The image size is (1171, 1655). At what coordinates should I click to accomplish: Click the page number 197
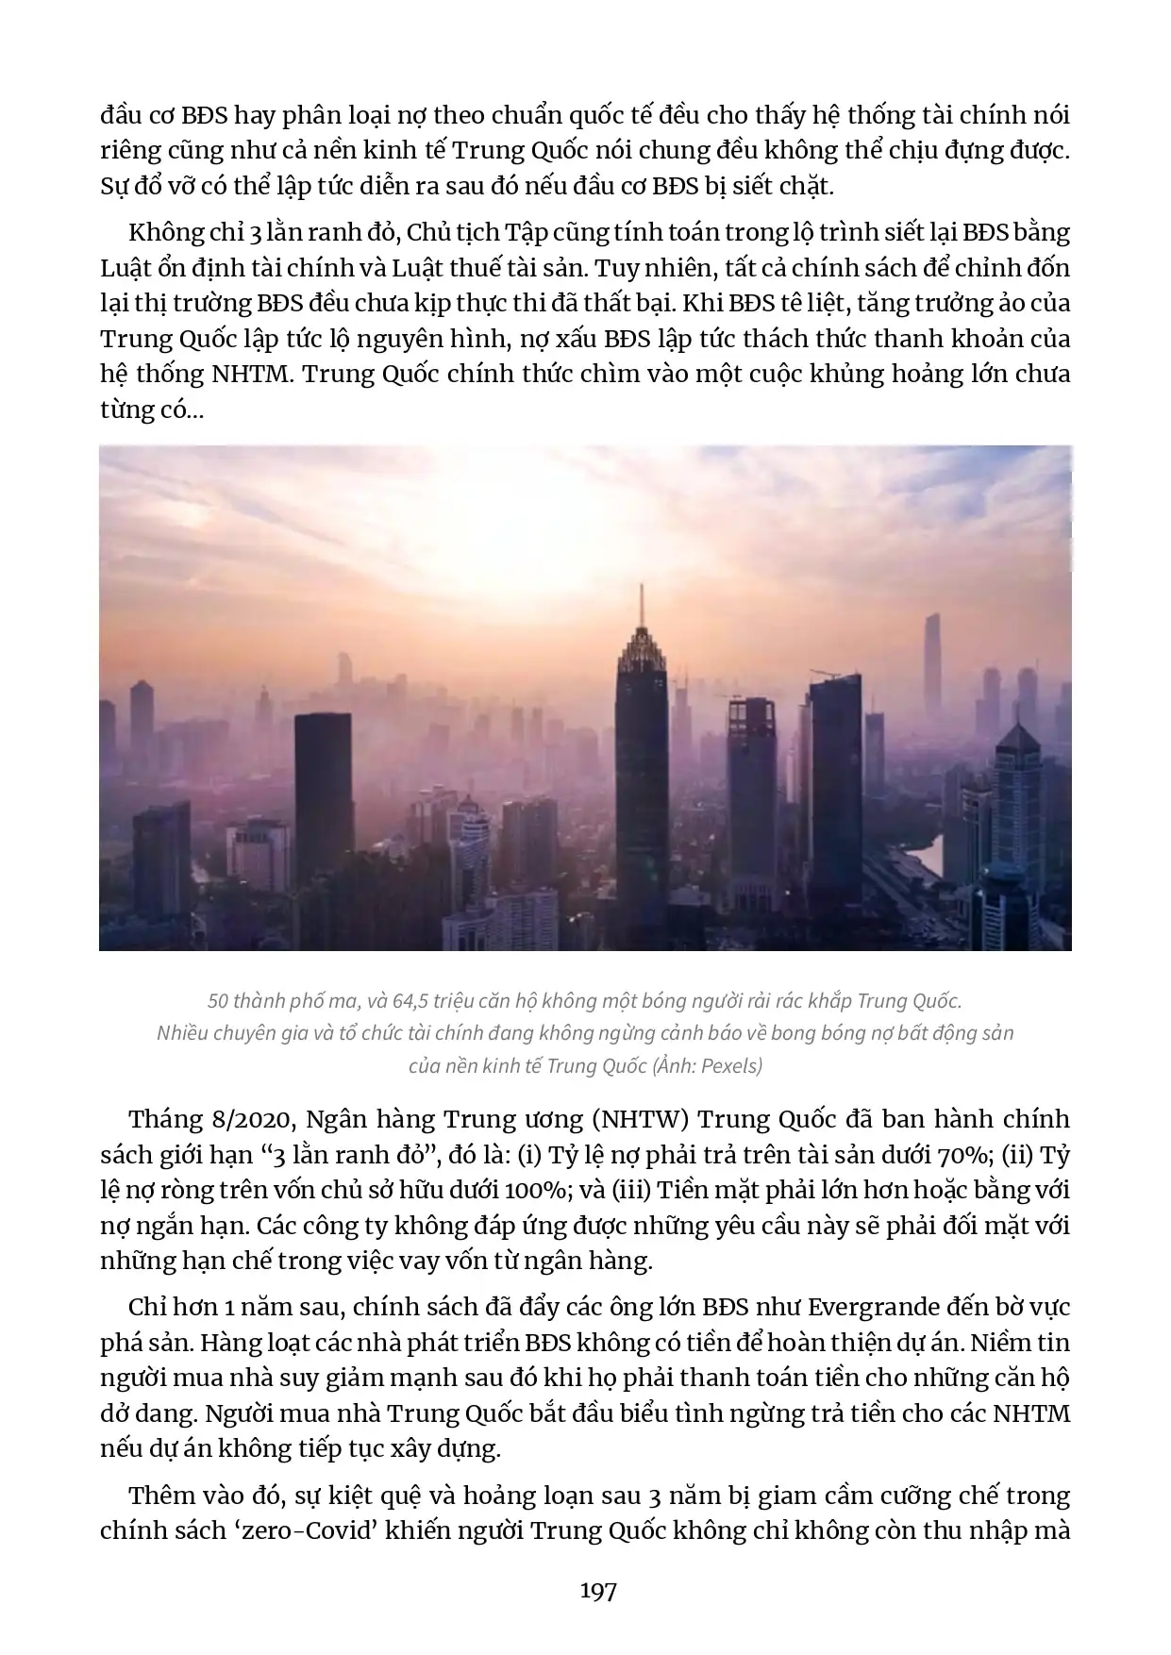(598, 1591)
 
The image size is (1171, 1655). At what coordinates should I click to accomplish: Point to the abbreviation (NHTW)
(638, 1120)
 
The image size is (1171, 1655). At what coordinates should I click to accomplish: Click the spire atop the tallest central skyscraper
(642, 604)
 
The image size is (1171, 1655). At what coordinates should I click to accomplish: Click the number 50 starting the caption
(218, 1001)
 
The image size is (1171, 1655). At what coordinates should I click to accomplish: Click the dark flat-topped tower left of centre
(323, 793)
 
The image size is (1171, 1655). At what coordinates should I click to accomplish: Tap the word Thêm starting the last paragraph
(161, 1496)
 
